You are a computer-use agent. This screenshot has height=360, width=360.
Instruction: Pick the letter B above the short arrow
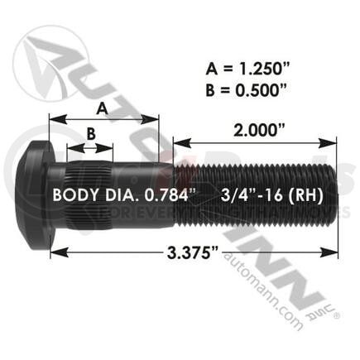click(92, 132)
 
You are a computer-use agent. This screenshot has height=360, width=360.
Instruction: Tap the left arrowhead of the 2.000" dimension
click(176, 146)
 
